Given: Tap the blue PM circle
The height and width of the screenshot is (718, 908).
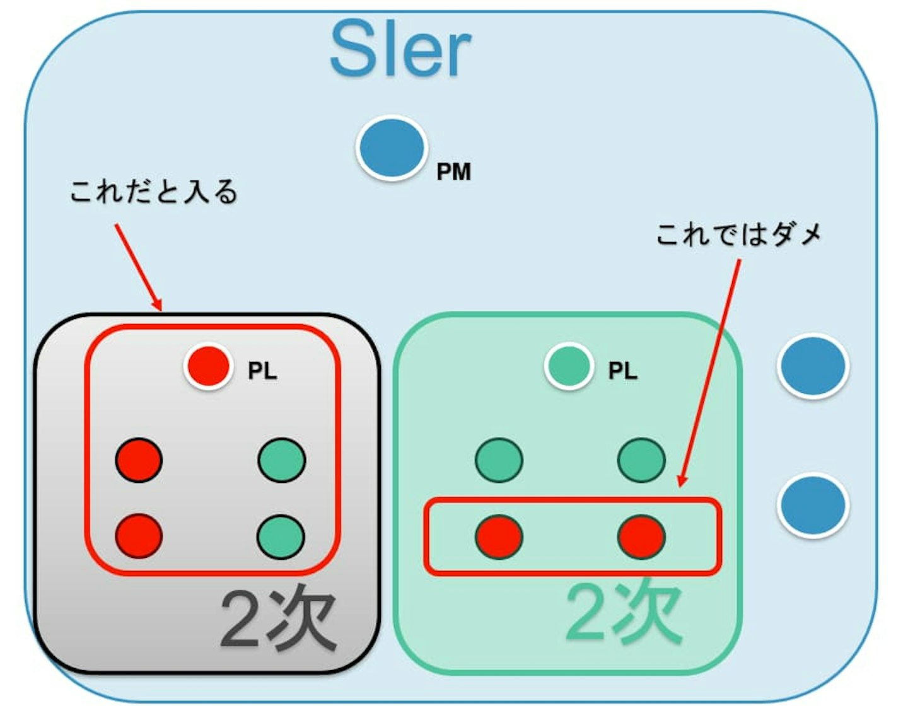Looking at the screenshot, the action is click(392, 148).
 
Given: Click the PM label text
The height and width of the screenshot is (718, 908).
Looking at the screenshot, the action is click(453, 171).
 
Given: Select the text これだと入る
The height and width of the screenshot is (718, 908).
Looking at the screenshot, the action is click(154, 192).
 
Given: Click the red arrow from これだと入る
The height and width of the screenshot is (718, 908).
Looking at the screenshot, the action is click(138, 267).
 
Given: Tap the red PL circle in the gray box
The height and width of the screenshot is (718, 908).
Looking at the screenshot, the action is click(209, 366).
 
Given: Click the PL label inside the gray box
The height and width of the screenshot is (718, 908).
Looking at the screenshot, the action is click(262, 371).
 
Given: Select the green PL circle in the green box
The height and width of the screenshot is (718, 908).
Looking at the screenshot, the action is click(569, 366).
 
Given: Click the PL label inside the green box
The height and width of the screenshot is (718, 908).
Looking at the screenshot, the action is click(623, 371).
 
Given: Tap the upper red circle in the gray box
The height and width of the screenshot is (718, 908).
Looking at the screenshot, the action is click(139, 460).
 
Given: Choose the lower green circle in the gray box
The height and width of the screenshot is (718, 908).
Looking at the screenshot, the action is click(281, 536).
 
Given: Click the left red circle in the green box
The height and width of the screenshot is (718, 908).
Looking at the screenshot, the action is click(499, 536).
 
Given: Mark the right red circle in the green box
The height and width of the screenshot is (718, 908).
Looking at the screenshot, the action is click(641, 536).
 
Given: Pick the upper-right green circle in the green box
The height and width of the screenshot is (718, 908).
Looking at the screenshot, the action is click(641, 460).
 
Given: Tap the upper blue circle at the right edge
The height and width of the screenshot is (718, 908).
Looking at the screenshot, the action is click(813, 366).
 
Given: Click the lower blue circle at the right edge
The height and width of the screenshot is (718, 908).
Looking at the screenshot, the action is click(813, 505).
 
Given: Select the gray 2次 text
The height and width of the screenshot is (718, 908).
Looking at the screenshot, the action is click(279, 620).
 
